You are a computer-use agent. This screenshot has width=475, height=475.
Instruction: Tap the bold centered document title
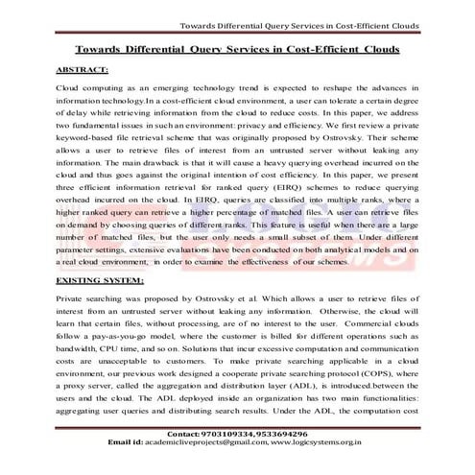click(237, 48)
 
